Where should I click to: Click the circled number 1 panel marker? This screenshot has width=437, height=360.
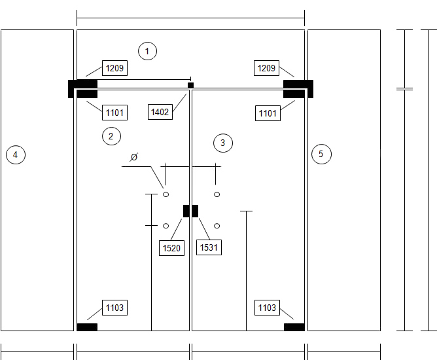[x=147, y=51]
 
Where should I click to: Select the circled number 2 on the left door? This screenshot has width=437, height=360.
[x=111, y=136]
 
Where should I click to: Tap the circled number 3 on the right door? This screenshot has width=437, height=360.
[x=223, y=143]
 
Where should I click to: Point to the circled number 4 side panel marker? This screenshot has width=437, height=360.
[x=16, y=154]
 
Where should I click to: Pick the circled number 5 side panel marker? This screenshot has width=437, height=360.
[x=321, y=154]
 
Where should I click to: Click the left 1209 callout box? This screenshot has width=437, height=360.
[x=115, y=68]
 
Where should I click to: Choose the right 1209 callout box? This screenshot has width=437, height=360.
[x=266, y=68]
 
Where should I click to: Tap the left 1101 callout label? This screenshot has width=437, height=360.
[x=115, y=113]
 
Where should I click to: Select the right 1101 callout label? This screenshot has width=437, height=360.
[x=268, y=113]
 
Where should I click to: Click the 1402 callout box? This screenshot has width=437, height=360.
[x=160, y=112]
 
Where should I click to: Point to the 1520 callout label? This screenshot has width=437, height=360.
[x=171, y=248]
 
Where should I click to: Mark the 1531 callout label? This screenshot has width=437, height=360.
[x=209, y=247]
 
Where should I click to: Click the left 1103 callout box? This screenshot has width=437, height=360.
[x=115, y=308]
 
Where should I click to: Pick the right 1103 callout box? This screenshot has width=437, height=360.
[x=268, y=308]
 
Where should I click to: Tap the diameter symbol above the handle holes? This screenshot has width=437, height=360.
[x=134, y=157]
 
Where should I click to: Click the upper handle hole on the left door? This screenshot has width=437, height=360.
[x=166, y=194]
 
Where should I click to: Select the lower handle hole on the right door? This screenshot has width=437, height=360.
[x=217, y=226]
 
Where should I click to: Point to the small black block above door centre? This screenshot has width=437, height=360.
[x=190, y=85]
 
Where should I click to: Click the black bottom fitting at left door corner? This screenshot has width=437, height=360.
[x=87, y=327]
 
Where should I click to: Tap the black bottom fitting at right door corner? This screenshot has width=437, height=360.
[x=294, y=327]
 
